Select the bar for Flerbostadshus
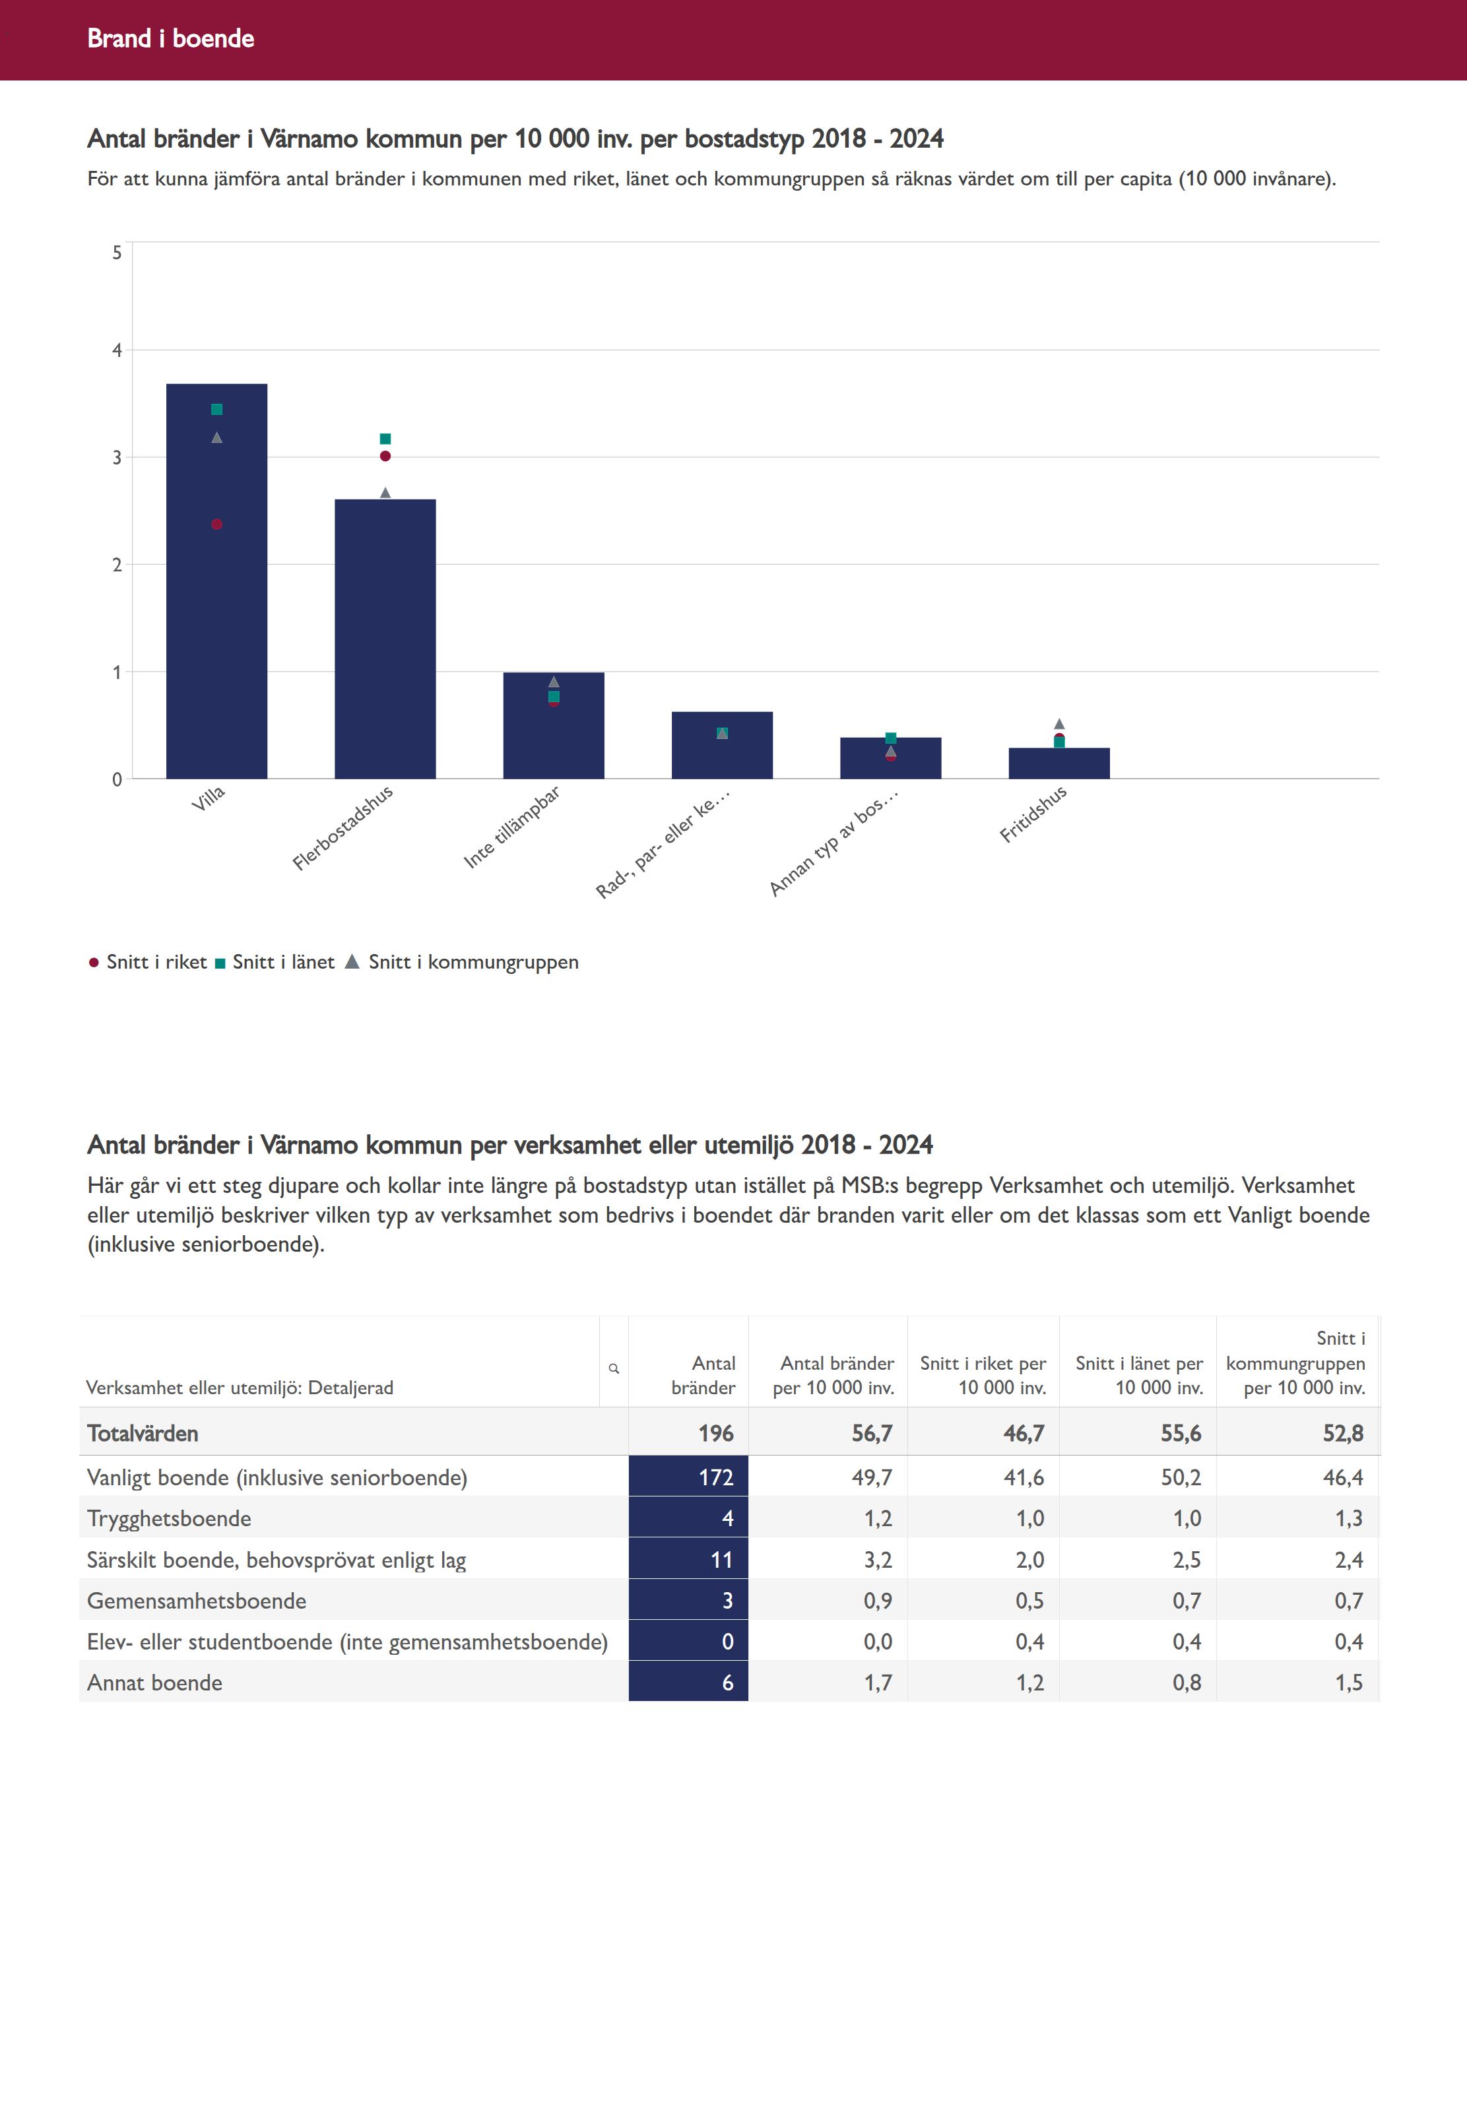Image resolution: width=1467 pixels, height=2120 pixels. tap(385, 643)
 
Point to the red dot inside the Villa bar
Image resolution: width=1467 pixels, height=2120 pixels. tap(217, 525)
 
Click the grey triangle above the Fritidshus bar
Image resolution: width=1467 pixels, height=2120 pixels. tap(1059, 724)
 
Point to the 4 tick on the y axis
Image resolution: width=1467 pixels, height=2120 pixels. tap(117, 350)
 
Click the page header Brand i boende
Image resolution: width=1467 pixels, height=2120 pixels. tap(171, 38)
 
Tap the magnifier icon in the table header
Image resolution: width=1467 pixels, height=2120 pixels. tap(614, 1368)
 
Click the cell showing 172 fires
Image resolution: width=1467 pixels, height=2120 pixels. tap(715, 1477)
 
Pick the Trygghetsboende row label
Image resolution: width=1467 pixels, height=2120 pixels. tap(169, 1518)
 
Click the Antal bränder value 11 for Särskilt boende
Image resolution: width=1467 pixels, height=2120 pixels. tap(721, 1559)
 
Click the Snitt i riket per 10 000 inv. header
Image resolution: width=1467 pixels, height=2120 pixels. tap(983, 1375)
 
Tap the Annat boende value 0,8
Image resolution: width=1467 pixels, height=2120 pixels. tap(1186, 1683)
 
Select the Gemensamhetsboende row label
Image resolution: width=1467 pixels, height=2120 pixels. tap(197, 1601)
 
